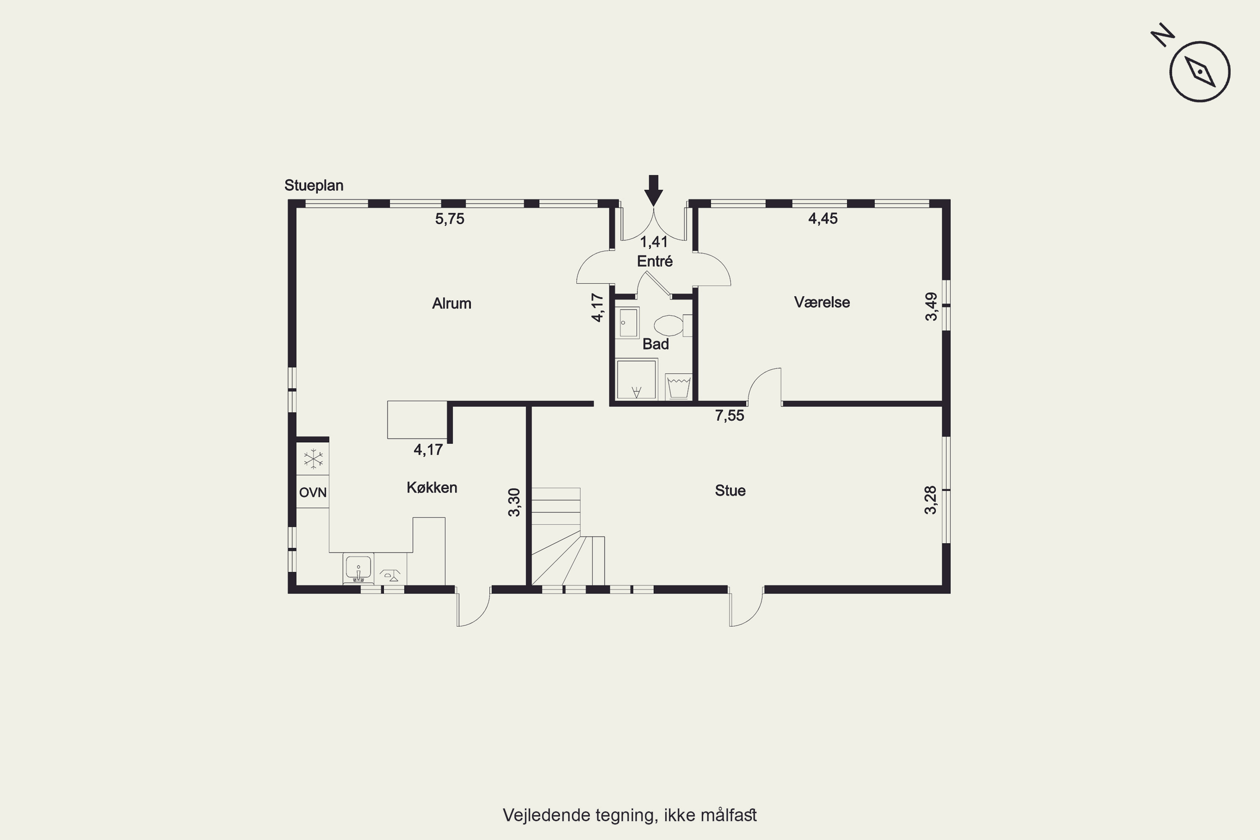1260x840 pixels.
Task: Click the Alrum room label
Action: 451,303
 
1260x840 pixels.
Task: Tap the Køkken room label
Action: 432,488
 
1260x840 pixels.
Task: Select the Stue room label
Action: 730,491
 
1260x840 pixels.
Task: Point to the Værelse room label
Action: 822,302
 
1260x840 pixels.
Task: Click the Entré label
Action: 655,261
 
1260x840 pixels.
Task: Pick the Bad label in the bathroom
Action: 656,344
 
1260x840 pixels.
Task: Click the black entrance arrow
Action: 653,190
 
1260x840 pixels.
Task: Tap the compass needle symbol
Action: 1200,72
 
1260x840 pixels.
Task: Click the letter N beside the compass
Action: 1163,35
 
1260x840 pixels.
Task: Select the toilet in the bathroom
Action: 673,325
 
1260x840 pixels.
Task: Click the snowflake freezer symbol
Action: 313,459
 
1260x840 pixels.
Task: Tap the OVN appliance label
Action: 313,492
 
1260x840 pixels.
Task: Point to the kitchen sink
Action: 358,568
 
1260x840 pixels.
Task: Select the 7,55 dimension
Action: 730,416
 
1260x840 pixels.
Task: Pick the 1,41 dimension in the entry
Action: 654,242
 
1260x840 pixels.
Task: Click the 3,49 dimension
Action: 932,307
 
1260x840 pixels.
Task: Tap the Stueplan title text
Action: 314,185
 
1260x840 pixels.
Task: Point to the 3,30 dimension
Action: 514,502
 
